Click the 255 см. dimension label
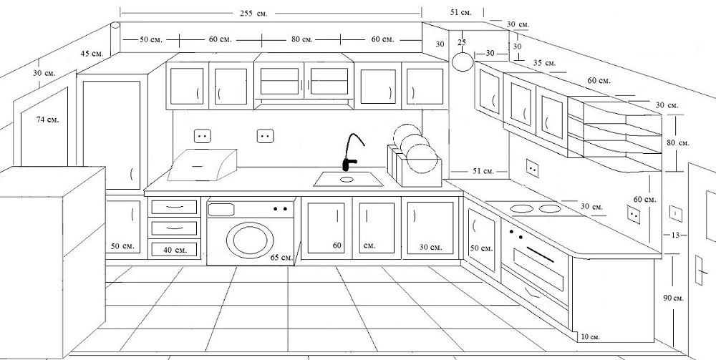253,13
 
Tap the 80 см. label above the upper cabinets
302,39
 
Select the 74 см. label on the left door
47,120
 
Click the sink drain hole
347,180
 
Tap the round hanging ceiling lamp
463,62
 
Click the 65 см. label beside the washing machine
281,258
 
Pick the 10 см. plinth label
591,337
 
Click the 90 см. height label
674,298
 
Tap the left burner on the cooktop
521,208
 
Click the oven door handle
540,254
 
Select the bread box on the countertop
203,165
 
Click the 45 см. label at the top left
92,54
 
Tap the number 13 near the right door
675,235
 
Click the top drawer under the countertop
174,208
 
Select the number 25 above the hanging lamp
462,42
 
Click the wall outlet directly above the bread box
203,136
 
